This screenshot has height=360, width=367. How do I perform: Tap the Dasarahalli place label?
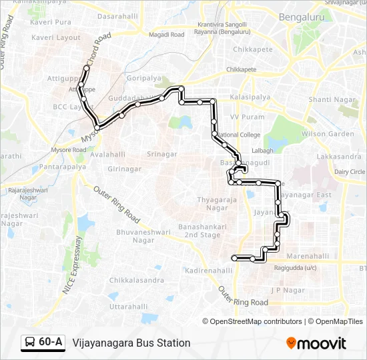117,15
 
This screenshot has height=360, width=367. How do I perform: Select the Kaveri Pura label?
51,22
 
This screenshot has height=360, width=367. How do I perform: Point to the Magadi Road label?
166,34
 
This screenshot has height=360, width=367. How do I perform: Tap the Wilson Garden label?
328,134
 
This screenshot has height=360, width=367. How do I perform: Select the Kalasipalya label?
249,97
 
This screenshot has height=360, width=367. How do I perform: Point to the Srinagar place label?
161,154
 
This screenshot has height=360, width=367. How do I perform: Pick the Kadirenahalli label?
208,271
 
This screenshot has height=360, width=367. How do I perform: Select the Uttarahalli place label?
128,306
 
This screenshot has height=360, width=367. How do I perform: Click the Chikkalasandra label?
136,281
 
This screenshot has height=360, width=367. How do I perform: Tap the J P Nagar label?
287,290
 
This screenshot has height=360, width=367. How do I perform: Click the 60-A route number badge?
43,343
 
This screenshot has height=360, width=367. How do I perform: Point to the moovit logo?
316,343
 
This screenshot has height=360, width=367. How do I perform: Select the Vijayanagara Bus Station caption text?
131,343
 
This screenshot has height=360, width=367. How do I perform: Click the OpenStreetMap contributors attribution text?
256,321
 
